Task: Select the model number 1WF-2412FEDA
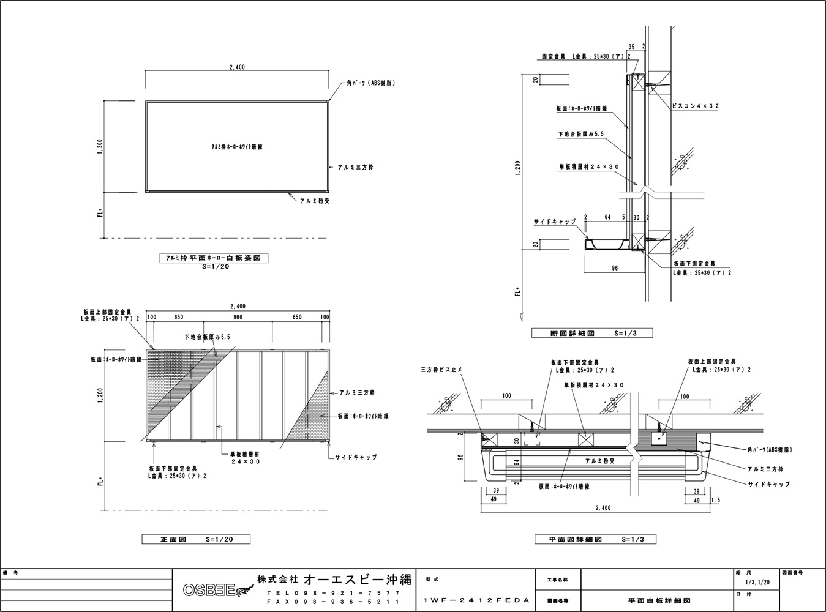click(476, 601)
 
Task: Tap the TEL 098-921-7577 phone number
click(334, 593)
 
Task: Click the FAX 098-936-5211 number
click(334, 602)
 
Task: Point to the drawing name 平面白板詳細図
click(655, 601)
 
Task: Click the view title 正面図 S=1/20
click(196, 540)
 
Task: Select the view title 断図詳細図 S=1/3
click(592, 334)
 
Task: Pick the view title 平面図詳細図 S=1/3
click(587, 540)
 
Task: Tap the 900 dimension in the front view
click(238, 317)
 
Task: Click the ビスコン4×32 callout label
click(695, 106)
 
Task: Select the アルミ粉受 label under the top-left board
click(314, 200)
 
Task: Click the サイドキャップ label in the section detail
click(554, 222)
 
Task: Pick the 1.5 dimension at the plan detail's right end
click(716, 500)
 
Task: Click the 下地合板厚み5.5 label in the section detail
click(581, 133)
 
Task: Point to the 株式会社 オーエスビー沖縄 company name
click(334, 579)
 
